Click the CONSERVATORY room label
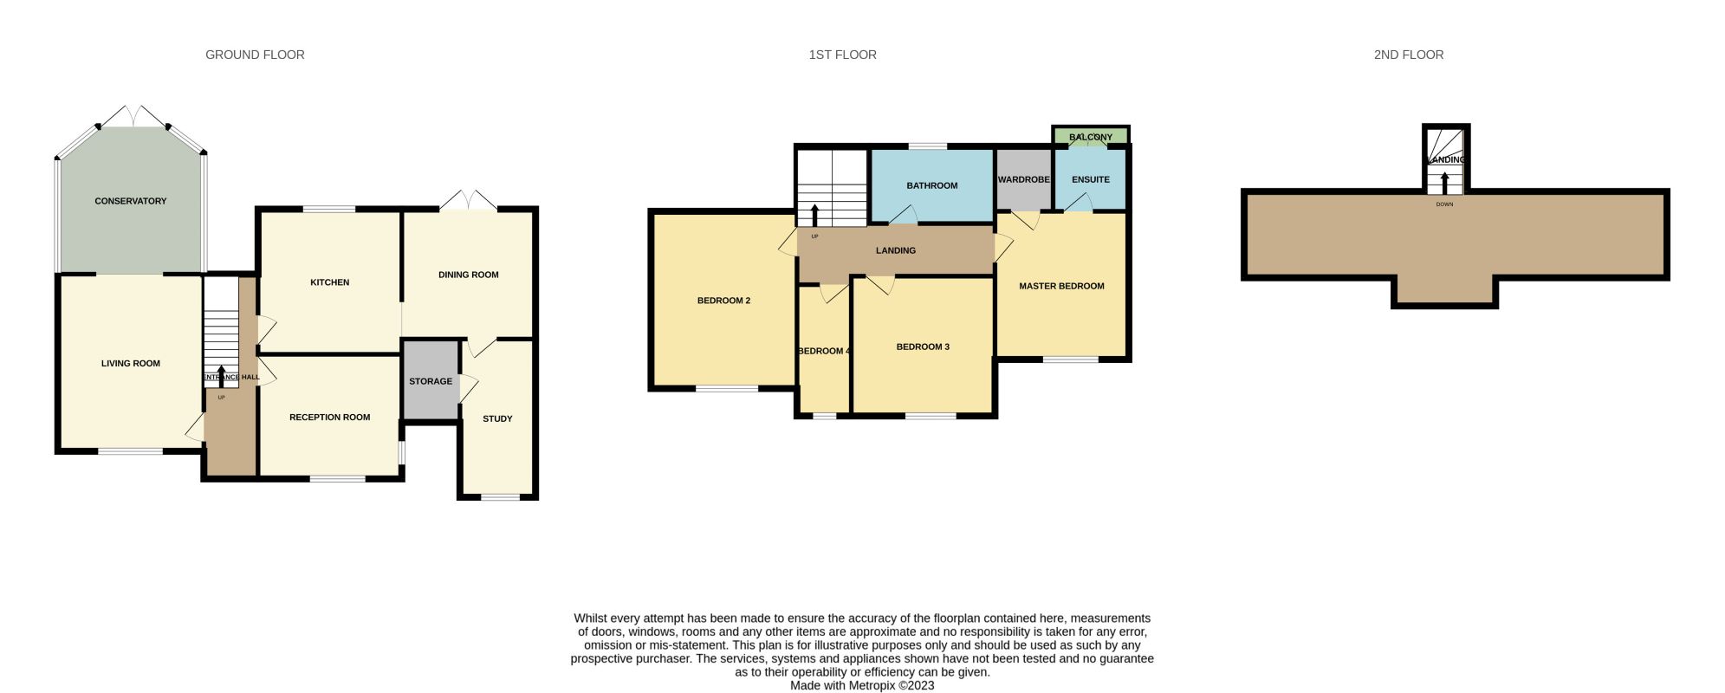130,201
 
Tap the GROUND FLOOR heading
255,55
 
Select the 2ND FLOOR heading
1409,55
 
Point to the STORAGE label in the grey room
431,381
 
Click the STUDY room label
497,418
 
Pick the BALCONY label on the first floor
1091,137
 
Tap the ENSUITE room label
1091,179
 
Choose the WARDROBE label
1024,179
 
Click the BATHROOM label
932,185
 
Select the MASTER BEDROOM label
1061,286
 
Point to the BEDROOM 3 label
923,346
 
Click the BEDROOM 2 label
723,301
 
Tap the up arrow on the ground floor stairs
221,375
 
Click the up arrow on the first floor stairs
814,215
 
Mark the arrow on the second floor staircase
1444,184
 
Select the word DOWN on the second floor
1444,204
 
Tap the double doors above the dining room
468,199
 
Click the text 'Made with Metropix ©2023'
862,685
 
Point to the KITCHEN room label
330,282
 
